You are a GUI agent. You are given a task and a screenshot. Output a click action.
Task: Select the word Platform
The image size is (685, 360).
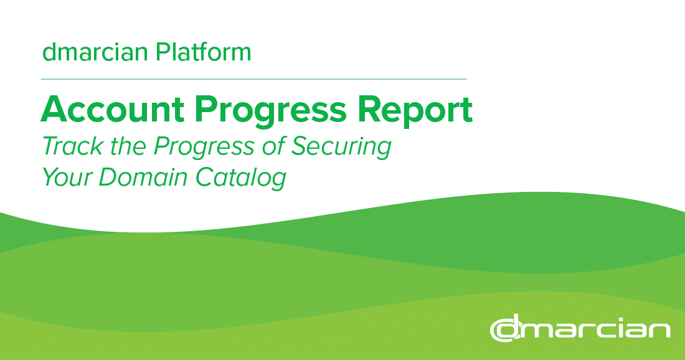204,52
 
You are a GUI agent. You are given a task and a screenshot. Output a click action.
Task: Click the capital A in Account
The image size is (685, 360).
55,110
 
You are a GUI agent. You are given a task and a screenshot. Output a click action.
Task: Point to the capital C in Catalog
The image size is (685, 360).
207,178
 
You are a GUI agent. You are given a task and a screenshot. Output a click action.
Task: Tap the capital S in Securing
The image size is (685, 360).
301,146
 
